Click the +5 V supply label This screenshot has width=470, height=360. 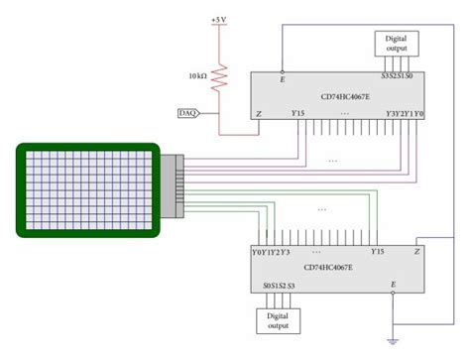(x=218, y=20)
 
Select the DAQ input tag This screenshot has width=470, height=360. (x=186, y=113)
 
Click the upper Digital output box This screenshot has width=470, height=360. (x=396, y=43)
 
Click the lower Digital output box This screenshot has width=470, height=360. (x=280, y=320)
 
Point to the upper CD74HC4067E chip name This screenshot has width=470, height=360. (x=345, y=96)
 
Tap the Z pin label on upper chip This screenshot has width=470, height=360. (x=259, y=115)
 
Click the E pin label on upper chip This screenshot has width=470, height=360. (x=283, y=78)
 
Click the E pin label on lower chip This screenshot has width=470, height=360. (x=394, y=286)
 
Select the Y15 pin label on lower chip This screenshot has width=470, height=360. (x=377, y=251)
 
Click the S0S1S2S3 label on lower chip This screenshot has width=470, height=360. (x=280, y=286)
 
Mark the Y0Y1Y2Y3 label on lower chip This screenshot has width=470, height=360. (x=272, y=251)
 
